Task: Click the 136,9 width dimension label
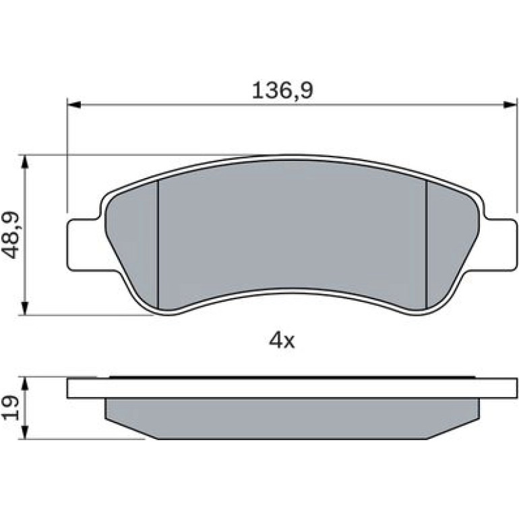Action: click(282, 90)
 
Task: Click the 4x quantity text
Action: click(282, 340)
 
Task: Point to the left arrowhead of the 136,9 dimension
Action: click(74, 104)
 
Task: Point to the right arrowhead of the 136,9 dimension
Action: click(510, 104)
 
